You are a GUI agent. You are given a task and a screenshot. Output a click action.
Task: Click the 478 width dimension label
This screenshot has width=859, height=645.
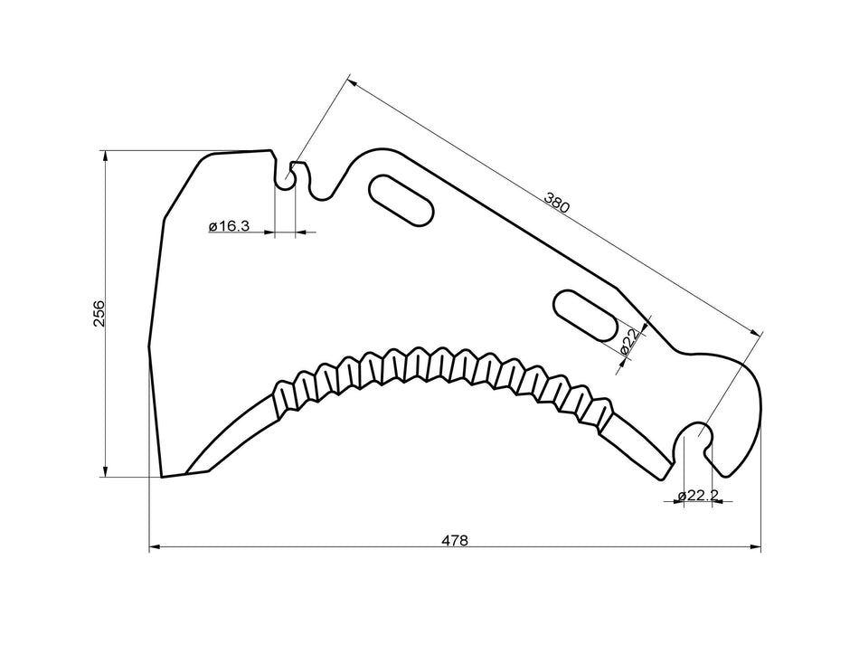point(455,540)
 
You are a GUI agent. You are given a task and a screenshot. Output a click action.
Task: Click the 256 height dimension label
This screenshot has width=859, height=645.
point(99,313)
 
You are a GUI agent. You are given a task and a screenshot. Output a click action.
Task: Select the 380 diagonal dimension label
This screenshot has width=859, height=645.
point(557,202)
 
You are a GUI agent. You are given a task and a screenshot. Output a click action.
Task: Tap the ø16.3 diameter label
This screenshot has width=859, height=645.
point(229,225)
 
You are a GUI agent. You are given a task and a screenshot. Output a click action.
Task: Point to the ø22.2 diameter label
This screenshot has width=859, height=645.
point(698,494)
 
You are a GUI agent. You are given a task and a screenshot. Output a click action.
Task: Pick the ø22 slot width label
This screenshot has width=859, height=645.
point(629,341)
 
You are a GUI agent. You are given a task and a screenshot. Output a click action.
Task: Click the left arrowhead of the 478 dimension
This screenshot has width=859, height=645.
point(154,547)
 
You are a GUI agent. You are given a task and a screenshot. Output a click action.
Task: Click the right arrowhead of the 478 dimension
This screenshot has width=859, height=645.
point(756,547)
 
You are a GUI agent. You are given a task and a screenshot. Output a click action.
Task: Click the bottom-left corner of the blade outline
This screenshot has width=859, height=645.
point(162,476)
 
